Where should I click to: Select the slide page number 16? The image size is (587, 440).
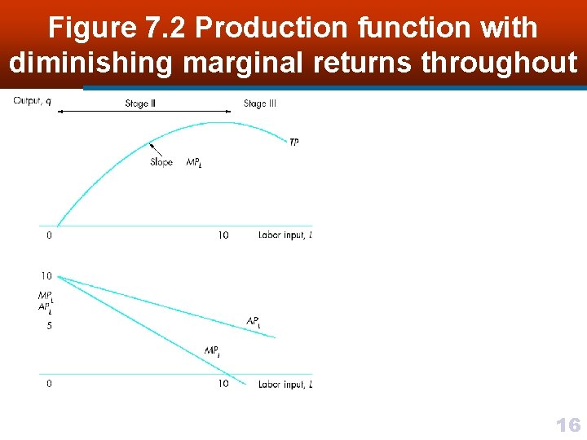point(567,425)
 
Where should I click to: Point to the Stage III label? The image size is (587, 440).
point(259,103)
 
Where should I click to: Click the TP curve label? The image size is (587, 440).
point(294,143)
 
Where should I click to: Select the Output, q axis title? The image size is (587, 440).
point(32,101)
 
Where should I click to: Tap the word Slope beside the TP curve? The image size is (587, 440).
point(161,162)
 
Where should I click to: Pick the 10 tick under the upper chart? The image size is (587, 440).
point(223,235)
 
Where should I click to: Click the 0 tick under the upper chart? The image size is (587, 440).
point(49,235)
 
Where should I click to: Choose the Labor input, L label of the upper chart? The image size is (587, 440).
point(285,235)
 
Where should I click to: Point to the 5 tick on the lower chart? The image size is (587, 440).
point(49,326)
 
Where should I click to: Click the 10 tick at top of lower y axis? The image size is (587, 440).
point(46,276)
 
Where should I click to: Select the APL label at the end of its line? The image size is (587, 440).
point(254,322)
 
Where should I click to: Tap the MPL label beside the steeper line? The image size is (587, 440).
point(212,351)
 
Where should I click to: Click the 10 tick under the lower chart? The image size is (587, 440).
point(223,384)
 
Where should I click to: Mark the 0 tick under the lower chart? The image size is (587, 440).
point(49,384)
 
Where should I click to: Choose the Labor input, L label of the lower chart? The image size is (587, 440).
point(285,384)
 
